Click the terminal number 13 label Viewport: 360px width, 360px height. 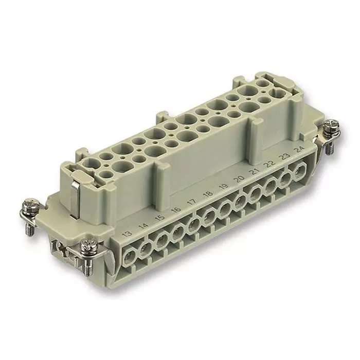128,234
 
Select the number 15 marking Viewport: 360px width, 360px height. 160,217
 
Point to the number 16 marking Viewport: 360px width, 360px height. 176,209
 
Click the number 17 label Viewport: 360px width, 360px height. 192,202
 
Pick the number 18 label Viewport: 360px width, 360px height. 208,193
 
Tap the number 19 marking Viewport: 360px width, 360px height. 224,186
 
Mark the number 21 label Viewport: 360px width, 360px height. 255,171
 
